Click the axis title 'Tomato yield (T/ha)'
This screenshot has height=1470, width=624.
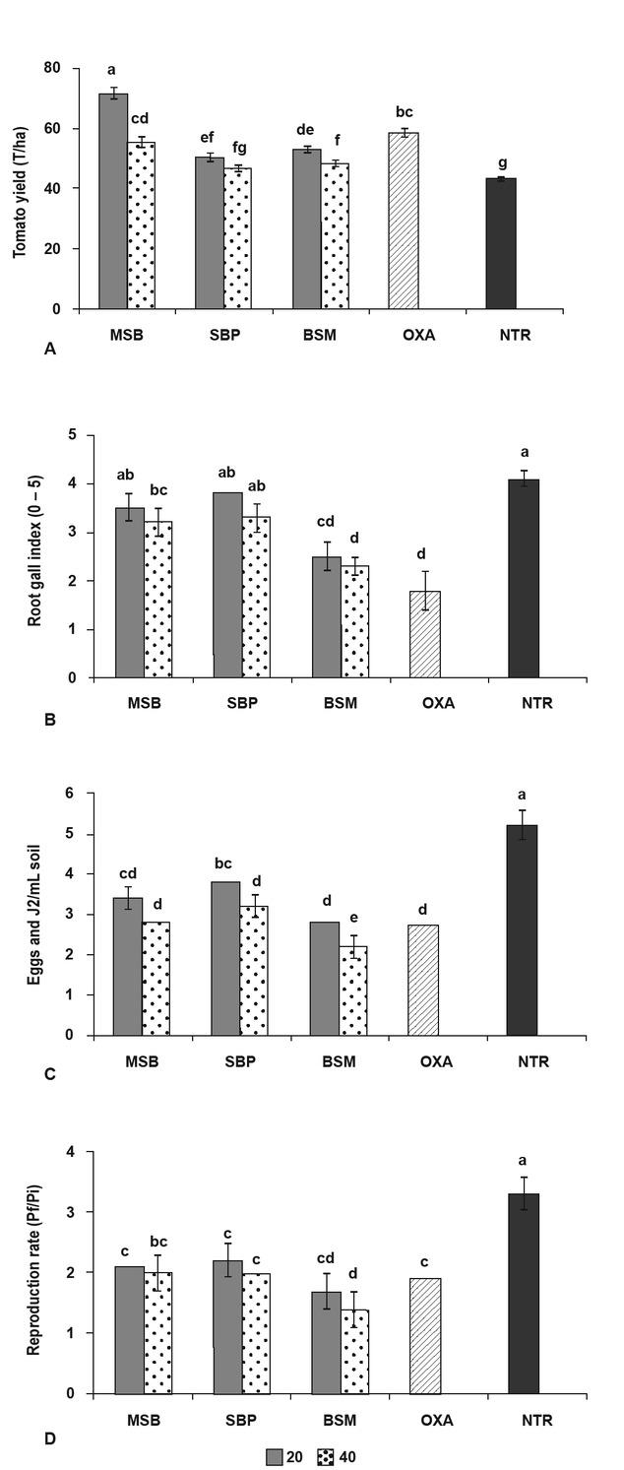click(20, 188)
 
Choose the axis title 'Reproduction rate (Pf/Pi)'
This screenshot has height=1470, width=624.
click(32, 1271)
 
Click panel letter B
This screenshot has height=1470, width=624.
click(51, 719)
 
